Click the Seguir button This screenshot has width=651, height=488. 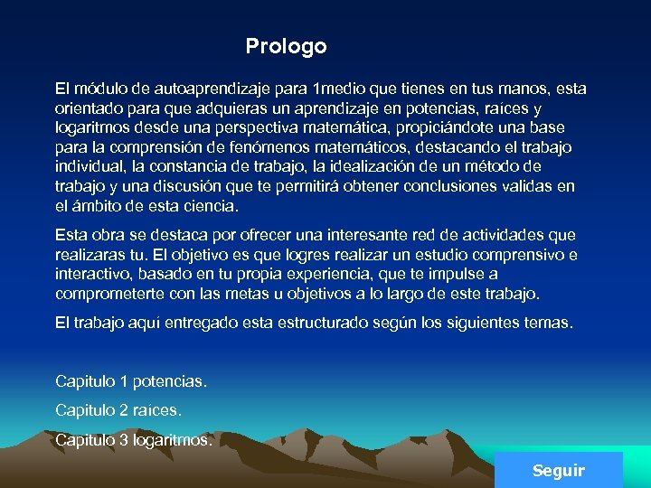point(559,470)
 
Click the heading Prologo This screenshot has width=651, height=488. point(286,46)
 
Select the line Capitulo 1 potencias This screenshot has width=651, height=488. point(131,381)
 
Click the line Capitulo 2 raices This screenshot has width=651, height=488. point(118,410)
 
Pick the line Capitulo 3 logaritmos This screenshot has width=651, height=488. point(135,440)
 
